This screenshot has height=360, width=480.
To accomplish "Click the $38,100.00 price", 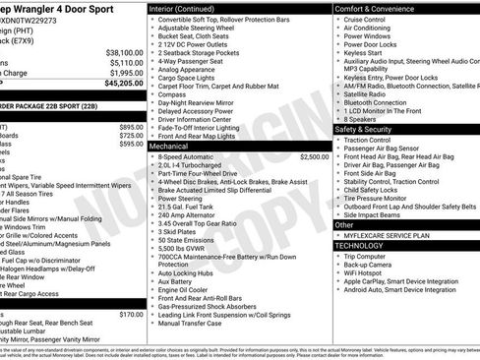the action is click(x=118, y=51).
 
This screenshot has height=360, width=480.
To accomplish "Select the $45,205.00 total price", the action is click(x=118, y=84).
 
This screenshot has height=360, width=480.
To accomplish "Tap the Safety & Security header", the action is click(x=369, y=129).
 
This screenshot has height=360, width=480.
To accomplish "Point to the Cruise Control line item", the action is click(x=365, y=19).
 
